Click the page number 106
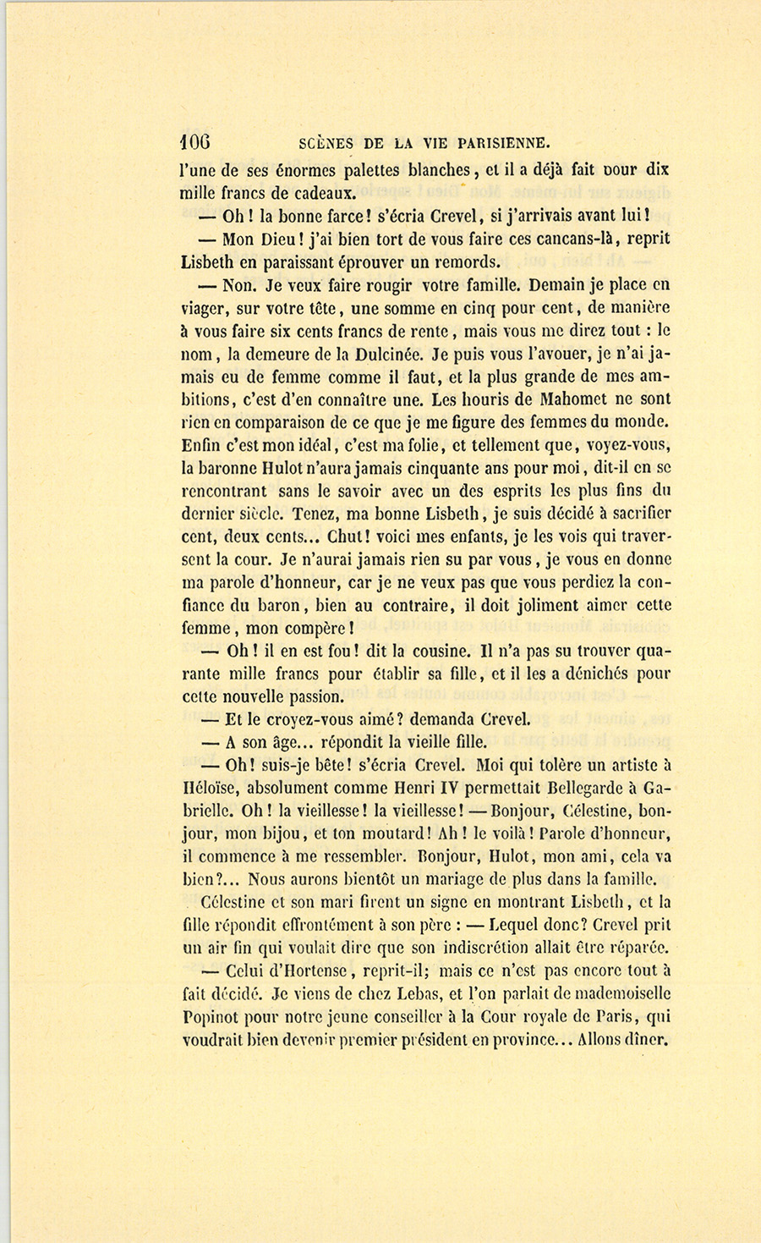pyautogui.click(x=195, y=141)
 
